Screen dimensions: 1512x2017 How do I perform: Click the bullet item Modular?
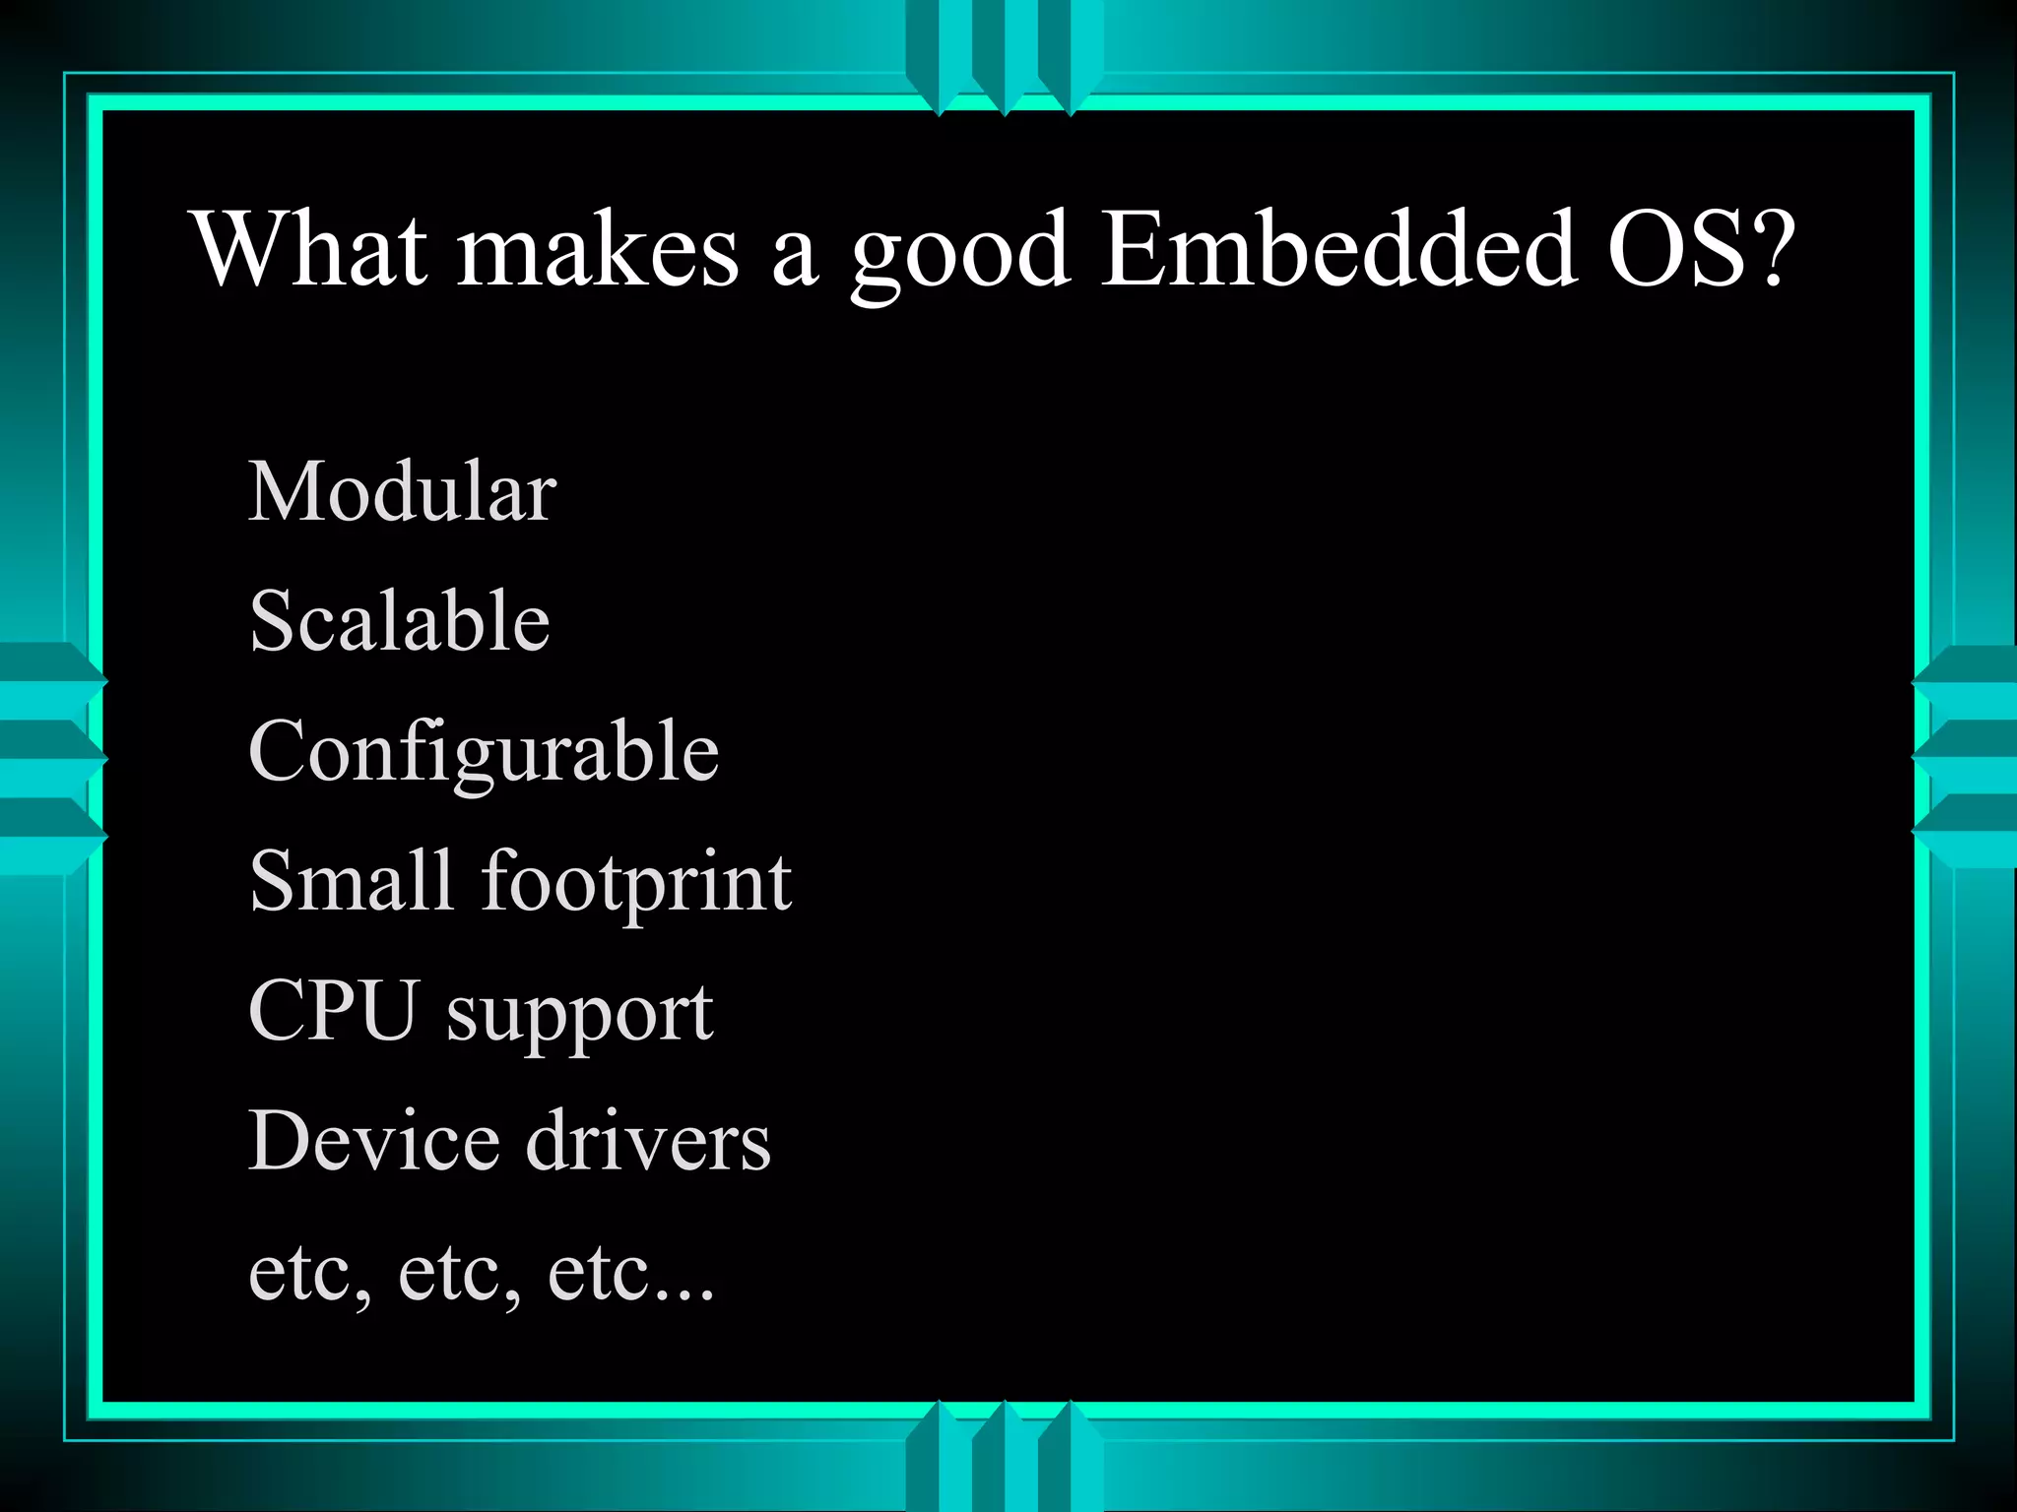(x=402, y=491)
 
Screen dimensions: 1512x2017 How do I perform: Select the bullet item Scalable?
(x=399, y=621)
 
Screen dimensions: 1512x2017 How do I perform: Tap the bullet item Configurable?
(x=484, y=753)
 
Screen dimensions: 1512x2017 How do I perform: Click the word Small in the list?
(x=351, y=880)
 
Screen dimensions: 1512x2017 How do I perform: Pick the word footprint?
(x=636, y=883)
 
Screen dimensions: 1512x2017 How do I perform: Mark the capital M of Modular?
(x=287, y=491)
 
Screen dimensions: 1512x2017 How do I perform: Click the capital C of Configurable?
(x=280, y=751)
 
